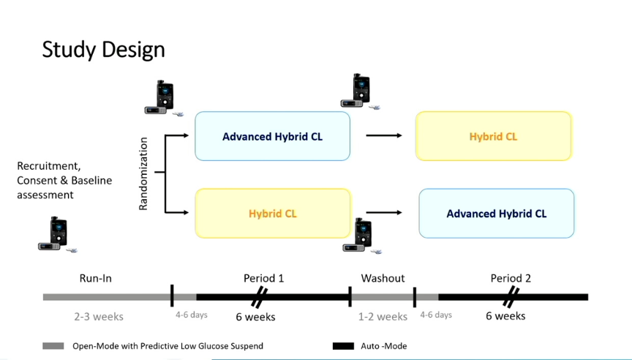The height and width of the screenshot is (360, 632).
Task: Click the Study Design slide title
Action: (103, 50)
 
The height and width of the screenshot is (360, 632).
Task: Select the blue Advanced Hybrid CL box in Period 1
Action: (272, 136)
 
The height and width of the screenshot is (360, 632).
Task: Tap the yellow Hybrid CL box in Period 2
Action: (493, 136)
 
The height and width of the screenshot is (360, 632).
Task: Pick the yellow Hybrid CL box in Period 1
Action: (273, 213)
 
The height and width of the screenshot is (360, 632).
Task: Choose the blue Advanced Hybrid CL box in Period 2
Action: (497, 213)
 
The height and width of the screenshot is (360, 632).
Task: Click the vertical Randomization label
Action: (143, 173)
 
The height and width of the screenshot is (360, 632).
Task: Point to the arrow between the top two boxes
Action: (384, 135)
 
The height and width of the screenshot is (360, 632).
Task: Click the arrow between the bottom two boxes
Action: (384, 212)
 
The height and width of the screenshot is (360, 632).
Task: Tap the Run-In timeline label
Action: (96, 278)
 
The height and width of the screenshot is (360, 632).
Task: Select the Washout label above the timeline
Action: (383, 278)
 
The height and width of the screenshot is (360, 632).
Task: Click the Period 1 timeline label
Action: (263, 278)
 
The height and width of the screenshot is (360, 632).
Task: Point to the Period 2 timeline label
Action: (511, 278)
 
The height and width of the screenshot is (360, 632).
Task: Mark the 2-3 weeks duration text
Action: (99, 316)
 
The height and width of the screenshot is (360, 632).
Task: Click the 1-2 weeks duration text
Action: (383, 316)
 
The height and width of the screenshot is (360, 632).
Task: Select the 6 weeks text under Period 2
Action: (505, 315)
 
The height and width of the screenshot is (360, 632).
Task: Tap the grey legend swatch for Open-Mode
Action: (53, 346)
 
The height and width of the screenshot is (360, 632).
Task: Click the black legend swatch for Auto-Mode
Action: (343, 346)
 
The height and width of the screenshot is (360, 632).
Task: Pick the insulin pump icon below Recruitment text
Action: (57, 235)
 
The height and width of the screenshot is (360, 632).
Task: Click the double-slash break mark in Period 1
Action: (259, 297)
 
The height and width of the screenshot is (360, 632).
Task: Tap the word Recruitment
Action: (49, 166)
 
